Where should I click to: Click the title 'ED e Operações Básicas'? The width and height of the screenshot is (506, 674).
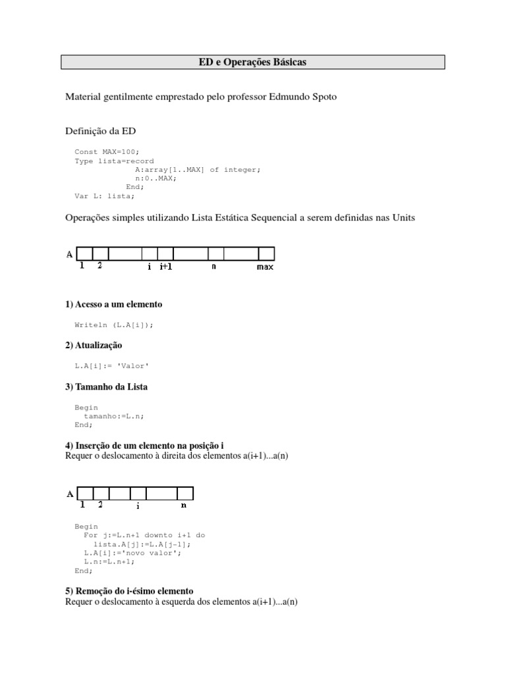252,63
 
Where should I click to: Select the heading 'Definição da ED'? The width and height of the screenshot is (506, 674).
100,131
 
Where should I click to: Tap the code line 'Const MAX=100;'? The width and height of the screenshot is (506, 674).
107,151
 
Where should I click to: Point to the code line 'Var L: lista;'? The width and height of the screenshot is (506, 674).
105,195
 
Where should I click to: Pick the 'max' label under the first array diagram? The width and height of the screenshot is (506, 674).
265,267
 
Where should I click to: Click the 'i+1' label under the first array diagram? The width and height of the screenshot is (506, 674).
166,267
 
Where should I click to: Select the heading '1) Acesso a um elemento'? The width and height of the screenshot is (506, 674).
113,304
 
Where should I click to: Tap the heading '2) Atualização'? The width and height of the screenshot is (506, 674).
94,346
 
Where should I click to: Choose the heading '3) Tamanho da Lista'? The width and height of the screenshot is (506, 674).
106,387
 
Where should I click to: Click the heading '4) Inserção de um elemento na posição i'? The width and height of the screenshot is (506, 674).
149,446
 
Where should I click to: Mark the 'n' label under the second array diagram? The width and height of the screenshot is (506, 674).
184,505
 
